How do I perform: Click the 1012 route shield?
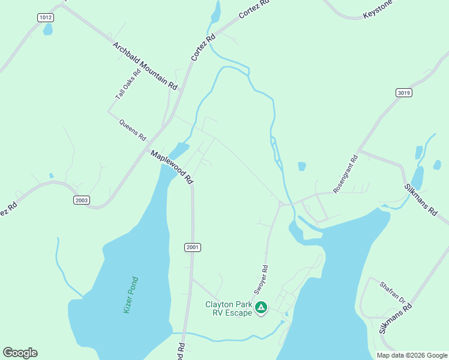click(x=45, y=17)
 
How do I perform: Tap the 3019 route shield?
click(x=404, y=92)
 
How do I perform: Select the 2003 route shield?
click(x=82, y=200)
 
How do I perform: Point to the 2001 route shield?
click(x=192, y=247)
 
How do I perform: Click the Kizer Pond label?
click(x=131, y=294)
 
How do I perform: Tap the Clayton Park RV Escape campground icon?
click(x=261, y=308)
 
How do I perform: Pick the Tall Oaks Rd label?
click(x=128, y=84)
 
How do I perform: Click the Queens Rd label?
click(x=133, y=130)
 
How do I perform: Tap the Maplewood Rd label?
click(x=172, y=167)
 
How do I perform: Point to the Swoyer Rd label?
click(x=261, y=280)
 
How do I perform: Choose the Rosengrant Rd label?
click(x=346, y=174)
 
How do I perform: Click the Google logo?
click(x=20, y=353)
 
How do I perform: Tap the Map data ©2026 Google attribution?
click(x=411, y=355)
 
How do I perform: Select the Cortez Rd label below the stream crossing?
click(x=203, y=47)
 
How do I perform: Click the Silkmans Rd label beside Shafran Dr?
click(x=396, y=319)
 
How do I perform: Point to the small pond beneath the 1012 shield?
click(x=47, y=30)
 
